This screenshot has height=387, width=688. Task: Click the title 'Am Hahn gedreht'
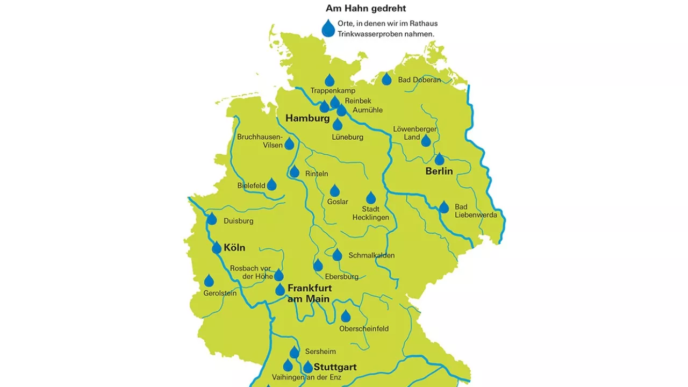click(365, 8)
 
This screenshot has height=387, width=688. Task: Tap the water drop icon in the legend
click(328, 28)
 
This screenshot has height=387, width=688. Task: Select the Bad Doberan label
click(419, 80)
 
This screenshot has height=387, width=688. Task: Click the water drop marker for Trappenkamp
click(329, 81)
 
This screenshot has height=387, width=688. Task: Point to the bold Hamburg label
click(307, 118)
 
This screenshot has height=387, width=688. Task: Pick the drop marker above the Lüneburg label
click(338, 125)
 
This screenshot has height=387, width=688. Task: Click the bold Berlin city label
click(439, 171)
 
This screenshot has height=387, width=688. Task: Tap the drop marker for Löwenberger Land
click(426, 141)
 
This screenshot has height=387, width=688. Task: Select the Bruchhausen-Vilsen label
click(260, 141)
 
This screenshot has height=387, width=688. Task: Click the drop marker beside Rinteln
click(295, 172)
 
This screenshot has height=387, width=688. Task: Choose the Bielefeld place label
click(252, 186)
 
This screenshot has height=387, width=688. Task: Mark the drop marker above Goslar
click(335, 191)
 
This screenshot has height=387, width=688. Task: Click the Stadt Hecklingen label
click(371, 213)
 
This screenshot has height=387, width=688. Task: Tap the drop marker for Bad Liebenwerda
click(444, 207)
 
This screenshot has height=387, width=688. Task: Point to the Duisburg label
click(238, 221)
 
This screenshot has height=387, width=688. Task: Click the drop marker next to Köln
click(217, 248)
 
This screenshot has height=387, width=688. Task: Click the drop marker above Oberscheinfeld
click(346, 316)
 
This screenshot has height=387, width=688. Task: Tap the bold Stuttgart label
click(335, 368)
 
